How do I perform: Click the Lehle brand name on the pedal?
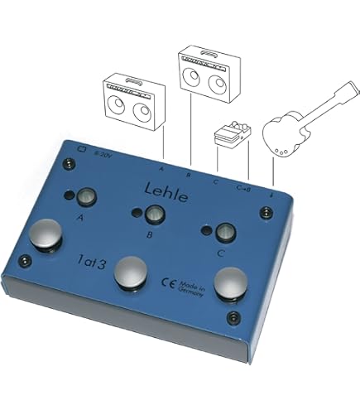click(167, 190)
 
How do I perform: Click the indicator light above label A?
click(85, 197)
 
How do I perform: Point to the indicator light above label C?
click(223, 231)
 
